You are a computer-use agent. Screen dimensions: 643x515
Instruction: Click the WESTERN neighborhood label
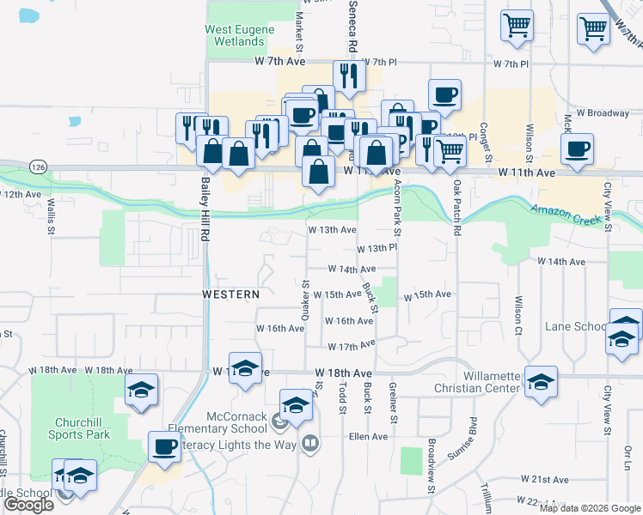click(230, 294)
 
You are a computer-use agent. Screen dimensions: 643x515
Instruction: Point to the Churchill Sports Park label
click(83, 428)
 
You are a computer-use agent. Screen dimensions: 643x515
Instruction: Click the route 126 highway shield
click(36, 165)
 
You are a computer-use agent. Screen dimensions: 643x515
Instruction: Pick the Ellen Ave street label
click(368, 436)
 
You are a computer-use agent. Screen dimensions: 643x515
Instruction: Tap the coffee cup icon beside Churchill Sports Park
click(165, 445)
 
